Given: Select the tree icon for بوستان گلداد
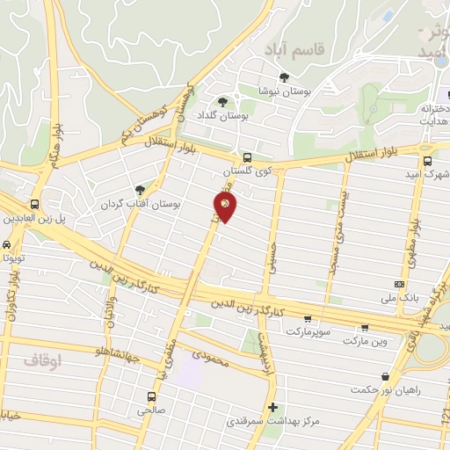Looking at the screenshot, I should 222,101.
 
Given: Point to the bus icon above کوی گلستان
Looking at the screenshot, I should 247,157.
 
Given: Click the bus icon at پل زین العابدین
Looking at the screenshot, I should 36,202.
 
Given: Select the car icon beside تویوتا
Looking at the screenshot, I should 7,244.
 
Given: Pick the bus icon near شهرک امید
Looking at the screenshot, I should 427,161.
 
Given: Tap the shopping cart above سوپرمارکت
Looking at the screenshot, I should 308,319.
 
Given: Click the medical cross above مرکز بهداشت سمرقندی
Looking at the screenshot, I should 273,407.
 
